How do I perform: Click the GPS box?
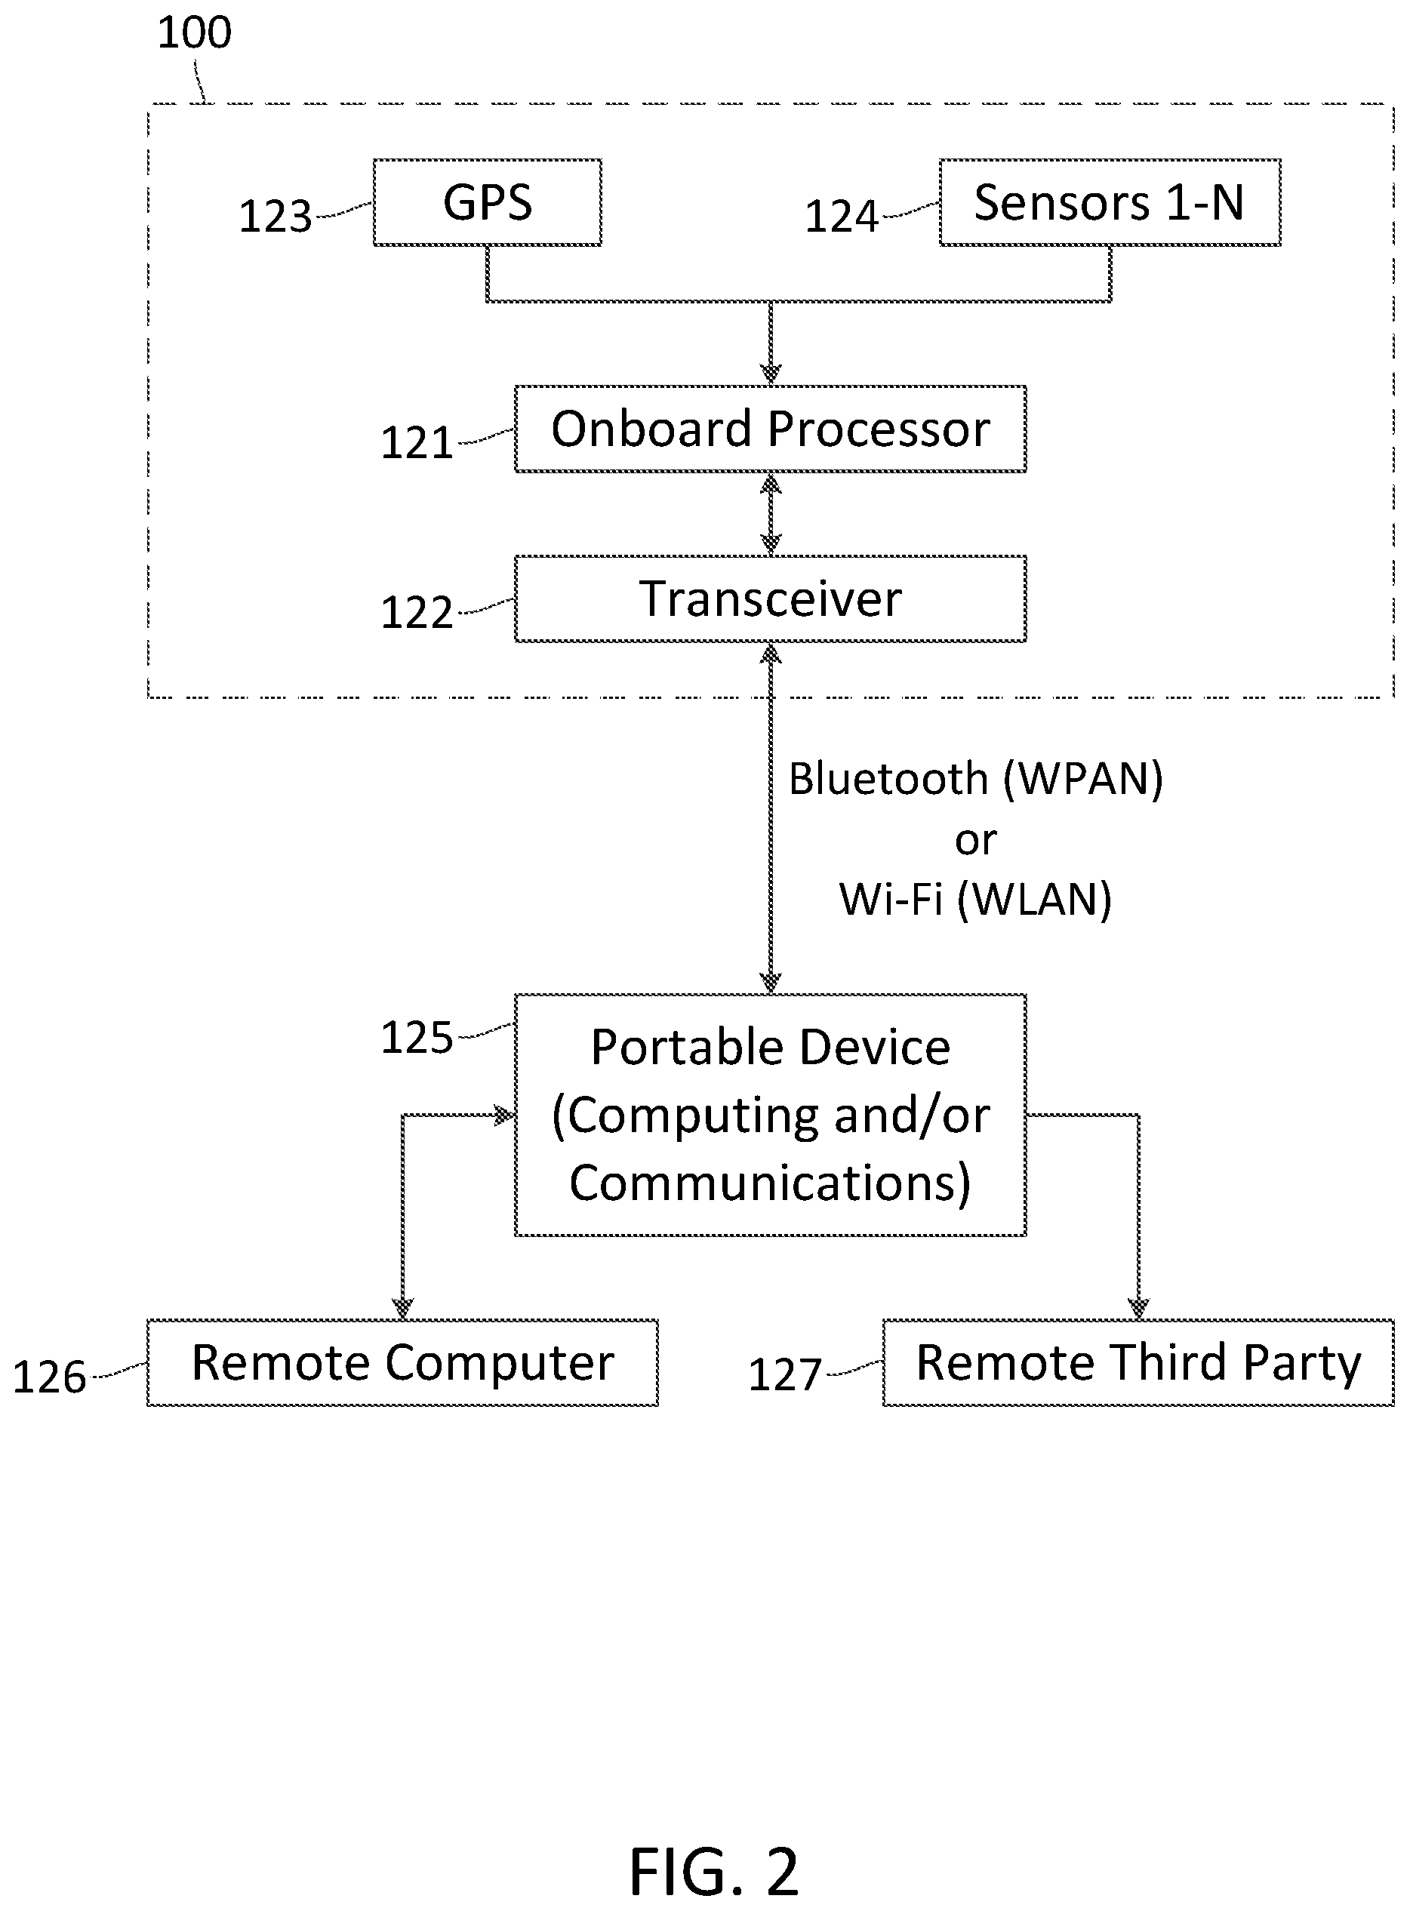click(488, 202)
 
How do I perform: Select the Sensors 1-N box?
click(1110, 202)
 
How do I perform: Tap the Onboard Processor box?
click(770, 429)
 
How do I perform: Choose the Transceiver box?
click(770, 599)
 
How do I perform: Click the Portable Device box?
click(770, 1115)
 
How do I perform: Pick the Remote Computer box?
click(402, 1363)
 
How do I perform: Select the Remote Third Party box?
click(1138, 1363)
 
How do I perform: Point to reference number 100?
click(195, 32)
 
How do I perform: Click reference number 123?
click(275, 216)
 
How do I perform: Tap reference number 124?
click(842, 216)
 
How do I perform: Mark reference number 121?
click(417, 443)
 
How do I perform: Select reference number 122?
click(417, 613)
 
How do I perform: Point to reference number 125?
click(417, 1038)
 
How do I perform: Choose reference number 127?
click(784, 1375)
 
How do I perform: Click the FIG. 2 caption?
click(713, 1871)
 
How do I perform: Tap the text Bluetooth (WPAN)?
click(975, 779)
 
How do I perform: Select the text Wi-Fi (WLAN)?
click(975, 900)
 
